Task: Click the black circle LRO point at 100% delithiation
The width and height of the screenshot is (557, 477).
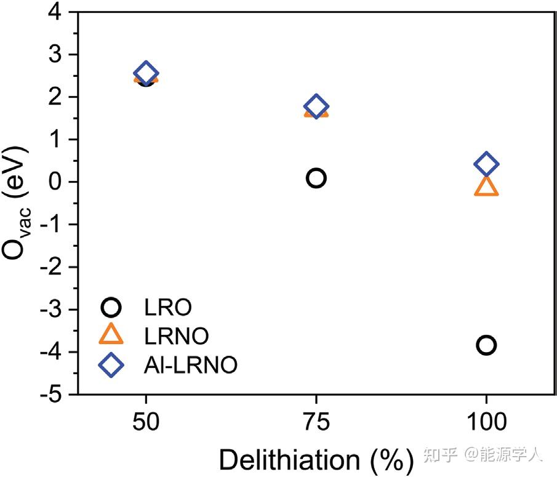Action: coord(486,345)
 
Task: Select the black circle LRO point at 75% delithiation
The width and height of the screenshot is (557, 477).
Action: coord(316,178)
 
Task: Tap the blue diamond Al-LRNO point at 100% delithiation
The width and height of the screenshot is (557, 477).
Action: coord(486,164)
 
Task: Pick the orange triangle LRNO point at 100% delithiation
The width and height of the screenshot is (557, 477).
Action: coord(486,186)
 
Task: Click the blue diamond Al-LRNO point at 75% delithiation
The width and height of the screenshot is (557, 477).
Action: coord(316,106)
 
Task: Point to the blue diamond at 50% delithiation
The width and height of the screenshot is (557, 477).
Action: coord(146,73)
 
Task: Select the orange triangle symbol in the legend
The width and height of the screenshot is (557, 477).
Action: coord(112,335)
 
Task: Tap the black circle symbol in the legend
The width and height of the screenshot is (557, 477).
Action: coord(112,307)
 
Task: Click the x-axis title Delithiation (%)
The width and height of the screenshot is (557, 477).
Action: coord(315,459)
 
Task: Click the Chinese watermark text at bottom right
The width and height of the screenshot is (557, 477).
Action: coord(481,456)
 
